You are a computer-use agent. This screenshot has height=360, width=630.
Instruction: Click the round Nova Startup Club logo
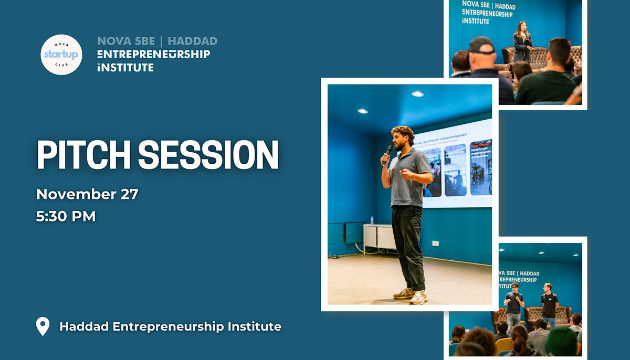tap(61, 55)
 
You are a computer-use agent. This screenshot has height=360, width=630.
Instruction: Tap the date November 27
tap(87, 194)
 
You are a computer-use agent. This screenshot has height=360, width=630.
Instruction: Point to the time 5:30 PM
tap(66, 216)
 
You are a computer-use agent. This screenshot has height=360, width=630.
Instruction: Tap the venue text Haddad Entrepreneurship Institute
tap(170, 326)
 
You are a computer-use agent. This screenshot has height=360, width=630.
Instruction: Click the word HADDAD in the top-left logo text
tap(192, 41)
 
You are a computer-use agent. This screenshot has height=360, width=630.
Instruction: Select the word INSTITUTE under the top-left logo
tap(125, 67)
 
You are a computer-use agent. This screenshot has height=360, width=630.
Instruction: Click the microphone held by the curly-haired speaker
tap(388, 153)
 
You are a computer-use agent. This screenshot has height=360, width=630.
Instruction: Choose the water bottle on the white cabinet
tap(372, 220)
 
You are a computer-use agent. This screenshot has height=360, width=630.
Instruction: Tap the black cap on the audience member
tap(481, 45)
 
